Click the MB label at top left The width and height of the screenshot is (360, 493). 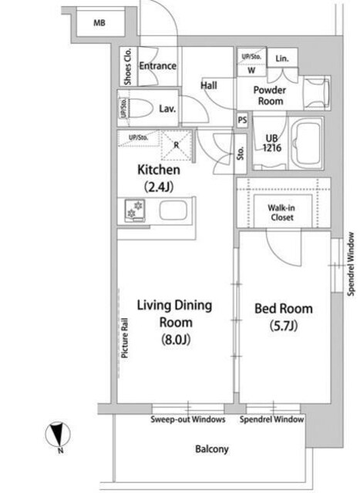coord(99,22)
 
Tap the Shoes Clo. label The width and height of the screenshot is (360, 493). coord(127,66)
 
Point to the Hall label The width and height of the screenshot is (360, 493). coord(208,86)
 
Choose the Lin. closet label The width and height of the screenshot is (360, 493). coord(281,59)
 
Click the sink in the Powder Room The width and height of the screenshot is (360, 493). coord(316,93)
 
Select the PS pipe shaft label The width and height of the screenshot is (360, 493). coord(242,120)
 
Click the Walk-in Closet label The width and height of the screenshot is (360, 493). coord(283,213)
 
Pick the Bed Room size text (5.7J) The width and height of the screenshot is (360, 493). coord(284,327)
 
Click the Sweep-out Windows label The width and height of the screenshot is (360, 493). coord(188,421)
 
